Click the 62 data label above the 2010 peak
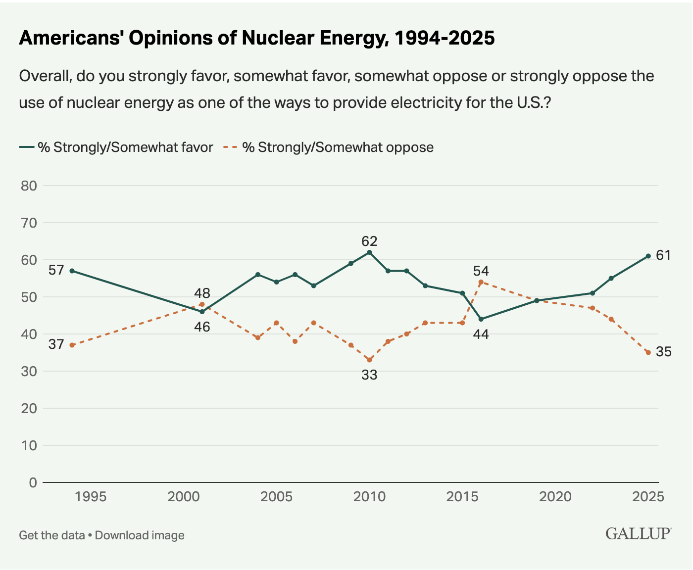click(x=369, y=241)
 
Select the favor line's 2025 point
click(x=648, y=256)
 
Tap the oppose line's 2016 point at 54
click(x=481, y=282)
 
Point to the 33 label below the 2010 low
click(x=369, y=375)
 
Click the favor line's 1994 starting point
click(x=72, y=271)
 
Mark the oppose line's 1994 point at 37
click(x=72, y=345)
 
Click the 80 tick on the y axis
click(x=29, y=186)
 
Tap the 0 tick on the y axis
click(x=33, y=482)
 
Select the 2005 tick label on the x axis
click(x=276, y=497)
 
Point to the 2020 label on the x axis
click(x=555, y=497)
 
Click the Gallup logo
click(x=638, y=534)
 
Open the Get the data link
click(x=51, y=535)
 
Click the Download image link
click(x=140, y=535)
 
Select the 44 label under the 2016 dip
click(x=481, y=334)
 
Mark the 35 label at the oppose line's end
click(x=664, y=352)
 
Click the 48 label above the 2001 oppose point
click(x=202, y=292)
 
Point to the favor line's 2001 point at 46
click(x=202, y=312)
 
